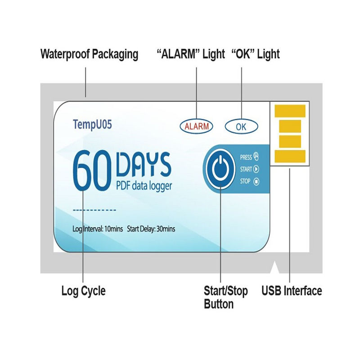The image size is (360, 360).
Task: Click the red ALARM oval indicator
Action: (197, 126)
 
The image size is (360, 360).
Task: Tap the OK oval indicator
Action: (241, 126)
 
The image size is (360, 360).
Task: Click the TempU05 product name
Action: (92, 124)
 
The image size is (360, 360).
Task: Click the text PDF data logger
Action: (144, 185)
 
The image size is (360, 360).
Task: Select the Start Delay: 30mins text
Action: (151, 229)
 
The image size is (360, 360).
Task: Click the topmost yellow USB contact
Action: (290, 110)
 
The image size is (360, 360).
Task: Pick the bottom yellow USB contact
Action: (290, 156)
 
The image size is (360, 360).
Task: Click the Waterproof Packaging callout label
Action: (89, 54)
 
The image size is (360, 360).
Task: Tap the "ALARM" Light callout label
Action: (190, 54)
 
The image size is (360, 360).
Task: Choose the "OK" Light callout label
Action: (255, 54)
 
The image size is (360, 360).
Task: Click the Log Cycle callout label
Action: (83, 291)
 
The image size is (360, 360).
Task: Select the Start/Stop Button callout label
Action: (225, 297)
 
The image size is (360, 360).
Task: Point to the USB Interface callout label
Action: (292, 291)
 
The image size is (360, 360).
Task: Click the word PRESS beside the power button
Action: (246, 157)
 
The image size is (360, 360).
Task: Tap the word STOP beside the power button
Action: (245, 182)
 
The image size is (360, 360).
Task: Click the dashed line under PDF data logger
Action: (94, 210)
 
